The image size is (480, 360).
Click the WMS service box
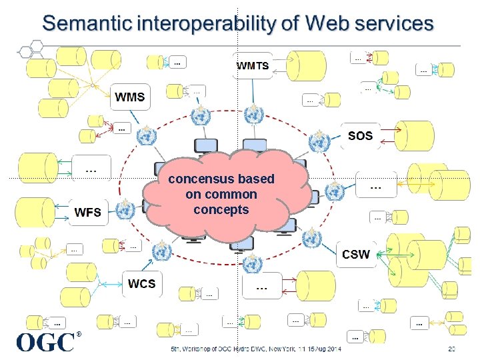coord(130,97)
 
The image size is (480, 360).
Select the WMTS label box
coord(253,65)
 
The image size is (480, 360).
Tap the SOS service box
coord(360,135)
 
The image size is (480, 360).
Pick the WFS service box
coord(88,213)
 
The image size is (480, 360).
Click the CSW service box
coord(355,254)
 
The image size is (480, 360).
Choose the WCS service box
coord(141,284)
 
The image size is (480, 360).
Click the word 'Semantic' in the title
coord(87,24)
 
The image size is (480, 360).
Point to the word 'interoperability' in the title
coord(205,24)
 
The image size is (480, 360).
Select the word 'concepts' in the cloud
coord(221,209)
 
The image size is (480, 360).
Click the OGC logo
coord(45,342)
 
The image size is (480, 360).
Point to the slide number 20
coord(451,349)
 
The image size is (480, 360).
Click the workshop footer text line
coord(255,349)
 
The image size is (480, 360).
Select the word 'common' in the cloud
coord(231,195)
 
